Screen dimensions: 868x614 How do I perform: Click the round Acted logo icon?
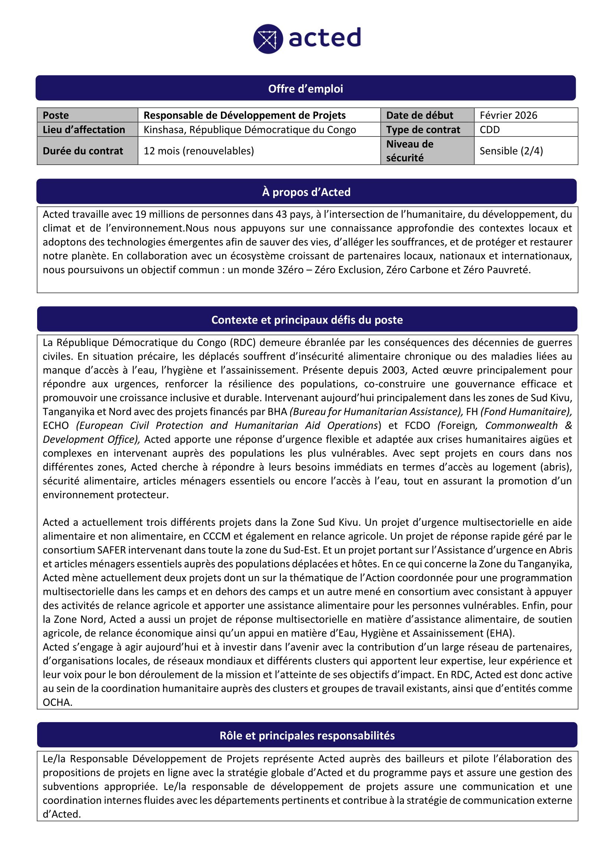(268, 39)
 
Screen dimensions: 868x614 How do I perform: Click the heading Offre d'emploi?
(306, 89)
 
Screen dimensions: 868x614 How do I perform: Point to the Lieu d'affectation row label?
(84, 130)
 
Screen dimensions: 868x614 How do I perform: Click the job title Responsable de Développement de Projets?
(244, 115)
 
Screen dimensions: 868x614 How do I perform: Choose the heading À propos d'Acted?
(306, 192)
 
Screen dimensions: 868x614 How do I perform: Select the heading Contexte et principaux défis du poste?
(307, 320)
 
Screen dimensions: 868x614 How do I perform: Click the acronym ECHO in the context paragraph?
(56, 426)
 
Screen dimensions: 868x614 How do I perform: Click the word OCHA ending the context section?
(57, 703)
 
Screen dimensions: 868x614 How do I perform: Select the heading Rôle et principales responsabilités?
(307, 735)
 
